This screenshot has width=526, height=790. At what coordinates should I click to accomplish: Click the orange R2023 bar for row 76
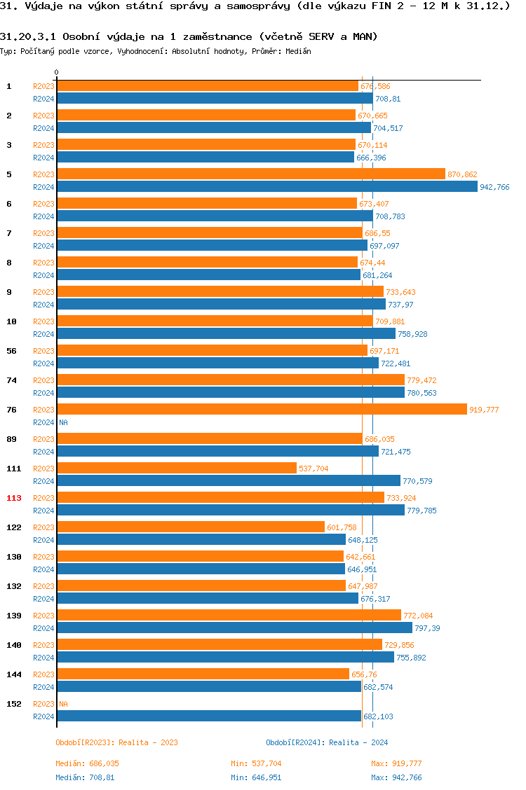click(x=262, y=409)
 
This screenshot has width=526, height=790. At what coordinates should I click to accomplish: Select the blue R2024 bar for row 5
click(x=267, y=186)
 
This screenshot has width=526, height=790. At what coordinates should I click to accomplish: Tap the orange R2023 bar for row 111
click(x=177, y=468)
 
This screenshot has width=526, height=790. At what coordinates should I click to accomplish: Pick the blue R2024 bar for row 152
click(x=209, y=716)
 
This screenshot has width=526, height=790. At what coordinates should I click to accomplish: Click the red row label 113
click(x=14, y=498)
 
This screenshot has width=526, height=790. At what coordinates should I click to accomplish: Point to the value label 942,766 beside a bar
click(x=494, y=187)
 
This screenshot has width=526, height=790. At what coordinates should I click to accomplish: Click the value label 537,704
click(x=313, y=469)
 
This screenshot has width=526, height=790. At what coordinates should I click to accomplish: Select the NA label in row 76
click(x=63, y=422)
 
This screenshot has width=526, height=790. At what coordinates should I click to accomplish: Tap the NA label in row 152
click(x=63, y=704)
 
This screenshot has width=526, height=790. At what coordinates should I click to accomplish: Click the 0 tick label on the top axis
click(x=57, y=72)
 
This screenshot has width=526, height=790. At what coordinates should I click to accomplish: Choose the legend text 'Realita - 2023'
click(x=148, y=742)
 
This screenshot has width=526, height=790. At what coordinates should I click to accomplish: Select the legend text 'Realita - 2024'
click(x=358, y=742)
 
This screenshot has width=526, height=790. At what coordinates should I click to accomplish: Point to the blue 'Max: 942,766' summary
click(x=396, y=777)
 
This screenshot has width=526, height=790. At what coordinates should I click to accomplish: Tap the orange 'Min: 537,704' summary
click(x=256, y=763)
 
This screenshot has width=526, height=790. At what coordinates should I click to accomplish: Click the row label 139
click(x=14, y=616)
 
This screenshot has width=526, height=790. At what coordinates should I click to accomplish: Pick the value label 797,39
click(x=427, y=628)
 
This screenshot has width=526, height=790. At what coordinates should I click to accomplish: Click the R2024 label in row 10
click(x=43, y=334)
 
